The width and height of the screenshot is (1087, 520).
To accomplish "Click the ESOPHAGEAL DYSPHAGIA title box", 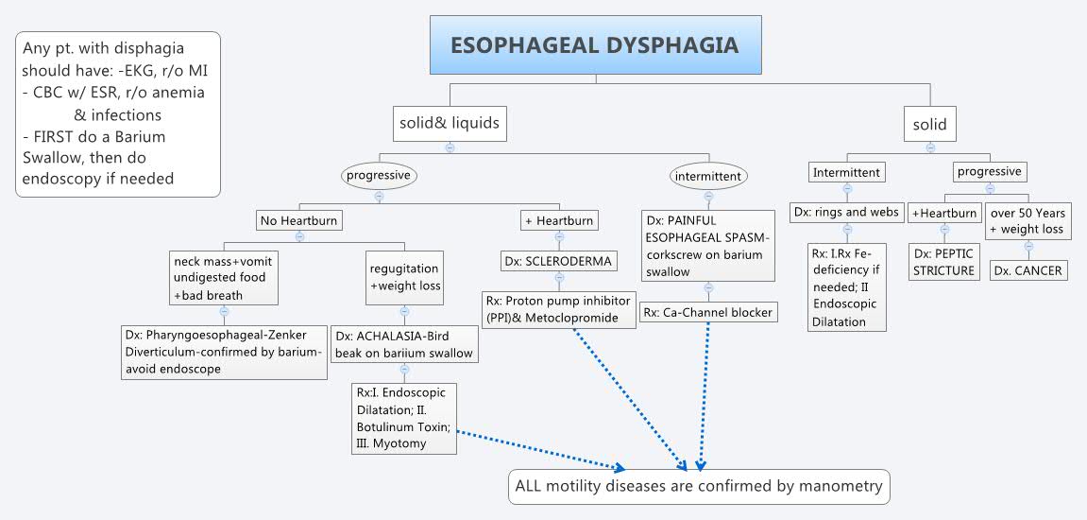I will pyautogui.click(x=594, y=45).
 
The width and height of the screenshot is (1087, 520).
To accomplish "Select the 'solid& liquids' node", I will pyautogui.click(x=449, y=123).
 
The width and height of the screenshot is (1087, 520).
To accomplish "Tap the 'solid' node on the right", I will pyautogui.click(x=930, y=124).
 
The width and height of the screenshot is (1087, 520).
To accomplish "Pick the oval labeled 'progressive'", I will pyautogui.click(x=379, y=175).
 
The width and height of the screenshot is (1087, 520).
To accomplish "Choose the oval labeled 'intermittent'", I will pyautogui.click(x=709, y=176).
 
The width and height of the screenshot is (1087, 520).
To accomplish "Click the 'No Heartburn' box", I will pyautogui.click(x=298, y=220).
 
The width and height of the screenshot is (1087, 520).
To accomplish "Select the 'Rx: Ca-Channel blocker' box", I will pyautogui.click(x=708, y=312).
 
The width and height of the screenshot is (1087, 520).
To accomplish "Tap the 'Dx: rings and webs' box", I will pyautogui.click(x=846, y=212).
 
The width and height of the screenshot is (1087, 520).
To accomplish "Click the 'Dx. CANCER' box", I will pyautogui.click(x=1028, y=270).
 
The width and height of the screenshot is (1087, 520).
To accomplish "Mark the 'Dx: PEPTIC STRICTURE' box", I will pyautogui.click(x=943, y=262).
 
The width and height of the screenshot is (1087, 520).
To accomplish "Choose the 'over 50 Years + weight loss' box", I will pyautogui.click(x=1028, y=221).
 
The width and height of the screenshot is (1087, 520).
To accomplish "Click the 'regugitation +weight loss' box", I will pyautogui.click(x=403, y=277).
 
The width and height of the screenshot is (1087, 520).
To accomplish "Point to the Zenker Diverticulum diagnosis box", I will pyautogui.click(x=224, y=352).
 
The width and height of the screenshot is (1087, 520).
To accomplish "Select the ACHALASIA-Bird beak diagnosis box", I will pyautogui.click(x=403, y=344).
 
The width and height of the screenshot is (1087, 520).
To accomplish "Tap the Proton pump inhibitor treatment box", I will pyautogui.click(x=558, y=309).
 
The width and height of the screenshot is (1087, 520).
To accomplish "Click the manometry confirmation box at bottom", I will pyautogui.click(x=699, y=486).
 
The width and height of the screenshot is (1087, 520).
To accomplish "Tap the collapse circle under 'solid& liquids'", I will pyautogui.click(x=450, y=147).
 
